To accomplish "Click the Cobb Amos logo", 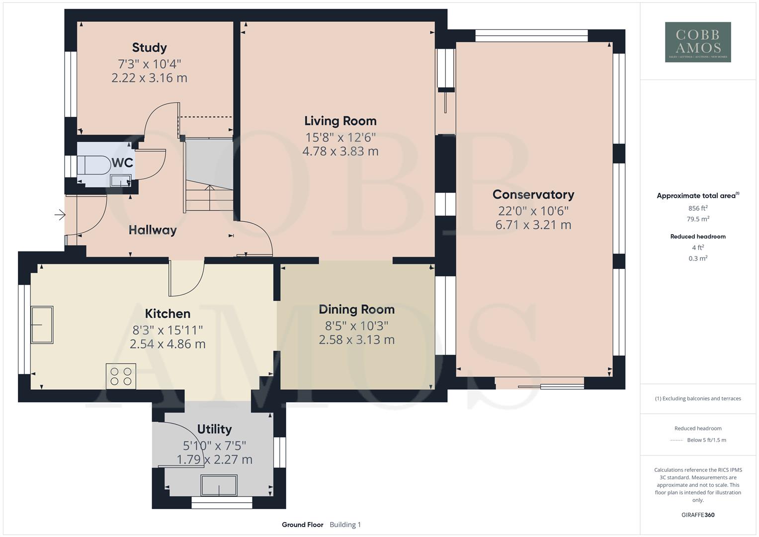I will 698,42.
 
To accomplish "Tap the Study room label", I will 149,48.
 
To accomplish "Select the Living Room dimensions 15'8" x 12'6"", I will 340,137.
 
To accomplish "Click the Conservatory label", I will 533,194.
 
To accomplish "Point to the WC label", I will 122,163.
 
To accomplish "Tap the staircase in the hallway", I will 209,174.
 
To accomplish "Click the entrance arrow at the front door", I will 60,215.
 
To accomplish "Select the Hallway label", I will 153,230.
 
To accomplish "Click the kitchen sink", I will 42,325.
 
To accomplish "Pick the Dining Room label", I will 356,309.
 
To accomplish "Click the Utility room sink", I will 219,485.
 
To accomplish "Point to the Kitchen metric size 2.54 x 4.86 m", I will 168,344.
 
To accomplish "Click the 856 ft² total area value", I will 698,208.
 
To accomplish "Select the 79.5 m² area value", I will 698,219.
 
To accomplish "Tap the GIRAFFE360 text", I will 698,515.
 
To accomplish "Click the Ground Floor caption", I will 302,525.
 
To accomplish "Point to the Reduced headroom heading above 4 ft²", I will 698,237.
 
